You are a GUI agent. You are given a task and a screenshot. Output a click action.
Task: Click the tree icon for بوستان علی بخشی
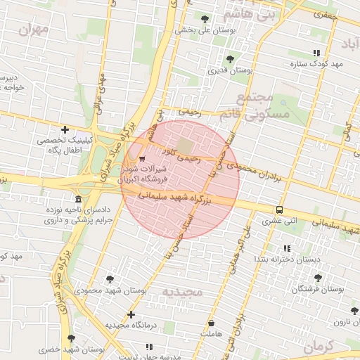(x=205, y=19)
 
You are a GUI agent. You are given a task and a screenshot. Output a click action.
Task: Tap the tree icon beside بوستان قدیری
(x=230, y=59)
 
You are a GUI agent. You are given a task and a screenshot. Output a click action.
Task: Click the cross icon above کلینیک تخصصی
(x=65, y=129)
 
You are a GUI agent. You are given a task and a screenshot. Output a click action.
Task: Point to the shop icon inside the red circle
(x=143, y=158)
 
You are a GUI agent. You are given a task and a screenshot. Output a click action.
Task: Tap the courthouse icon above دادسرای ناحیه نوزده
(x=77, y=199)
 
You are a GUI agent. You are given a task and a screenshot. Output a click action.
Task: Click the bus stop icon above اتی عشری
(x=280, y=210)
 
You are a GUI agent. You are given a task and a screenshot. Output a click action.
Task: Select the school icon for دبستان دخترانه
(x=286, y=248)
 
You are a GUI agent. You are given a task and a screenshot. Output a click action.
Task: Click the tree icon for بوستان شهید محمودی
(x=109, y=279)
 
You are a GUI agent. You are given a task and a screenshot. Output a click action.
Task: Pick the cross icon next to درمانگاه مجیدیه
(x=131, y=314)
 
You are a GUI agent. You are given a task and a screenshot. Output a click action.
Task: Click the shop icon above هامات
(x=211, y=323)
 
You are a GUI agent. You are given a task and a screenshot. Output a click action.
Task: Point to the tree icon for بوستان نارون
(x=355, y=311)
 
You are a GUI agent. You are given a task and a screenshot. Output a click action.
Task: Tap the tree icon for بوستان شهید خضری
(x=70, y=338)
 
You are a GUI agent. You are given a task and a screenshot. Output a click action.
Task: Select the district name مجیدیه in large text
(x=182, y=291)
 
